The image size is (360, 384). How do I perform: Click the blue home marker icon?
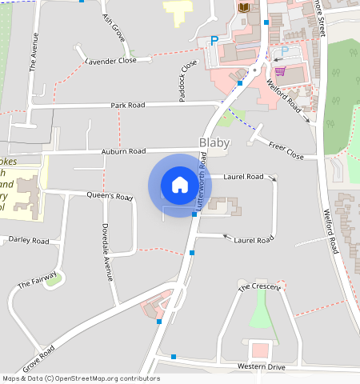pyautogui.click(x=180, y=184)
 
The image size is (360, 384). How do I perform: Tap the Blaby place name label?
pyautogui.click(x=214, y=143)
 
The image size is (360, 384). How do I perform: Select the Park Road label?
pyautogui.click(x=128, y=105)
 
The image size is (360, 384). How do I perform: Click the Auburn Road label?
pyautogui.click(x=123, y=151)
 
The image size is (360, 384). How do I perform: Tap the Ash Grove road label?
pyautogui.click(x=114, y=27)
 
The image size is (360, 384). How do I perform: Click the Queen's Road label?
pyautogui.click(x=110, y=196)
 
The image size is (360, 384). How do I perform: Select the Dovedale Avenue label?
pyautogui.click(x=106, y=250)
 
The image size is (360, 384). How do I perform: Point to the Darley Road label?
pyautogui.click(x=29, y=240)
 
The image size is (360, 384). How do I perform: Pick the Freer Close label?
pyautogui.click(x=286, y=150)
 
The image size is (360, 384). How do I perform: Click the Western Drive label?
pyautogui.click(x=261, y=366)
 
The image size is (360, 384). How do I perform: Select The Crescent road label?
pyautogui.click(x=259, y=286)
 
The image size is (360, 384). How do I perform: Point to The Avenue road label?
pyautogui.click(x=34, y=53)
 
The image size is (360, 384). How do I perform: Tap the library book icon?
pyautogui.click(x=244, y=7)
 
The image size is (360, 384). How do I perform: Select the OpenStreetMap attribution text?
pyautogui.click(x=81, y=378)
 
